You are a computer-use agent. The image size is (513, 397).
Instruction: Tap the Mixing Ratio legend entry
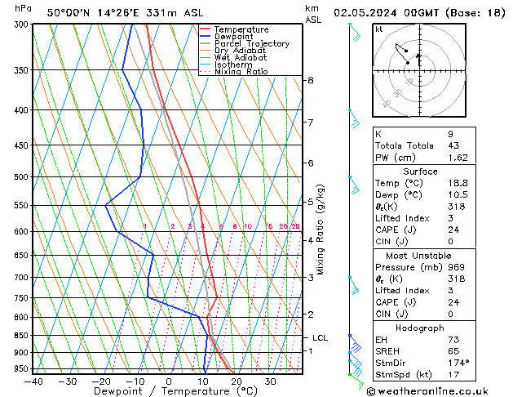[x=241, y=72]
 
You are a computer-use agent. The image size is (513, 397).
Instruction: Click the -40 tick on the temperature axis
[x=33, y=381]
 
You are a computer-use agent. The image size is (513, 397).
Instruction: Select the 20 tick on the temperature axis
[x=237, y=381]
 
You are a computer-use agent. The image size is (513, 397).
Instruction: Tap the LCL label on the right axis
[x=321, y=337]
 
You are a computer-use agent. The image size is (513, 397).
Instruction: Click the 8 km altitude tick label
[x=310, y=80]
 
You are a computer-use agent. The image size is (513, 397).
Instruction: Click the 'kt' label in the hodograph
[x=378, y=29]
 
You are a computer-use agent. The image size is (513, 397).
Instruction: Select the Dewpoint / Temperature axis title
[x=167, y=391]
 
